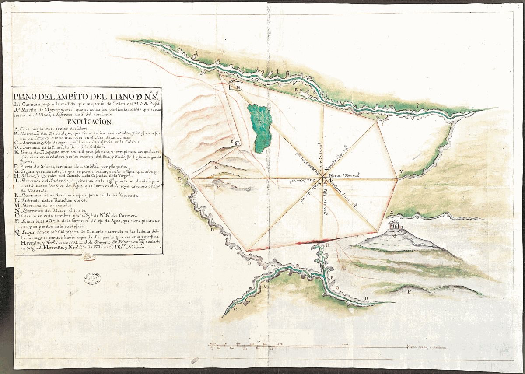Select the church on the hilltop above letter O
(395, 225)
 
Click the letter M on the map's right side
(401, 171)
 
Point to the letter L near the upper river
(384, 125)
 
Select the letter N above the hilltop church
(392, 213)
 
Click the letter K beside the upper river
(296, 91)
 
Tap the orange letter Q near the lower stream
(336, 287)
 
